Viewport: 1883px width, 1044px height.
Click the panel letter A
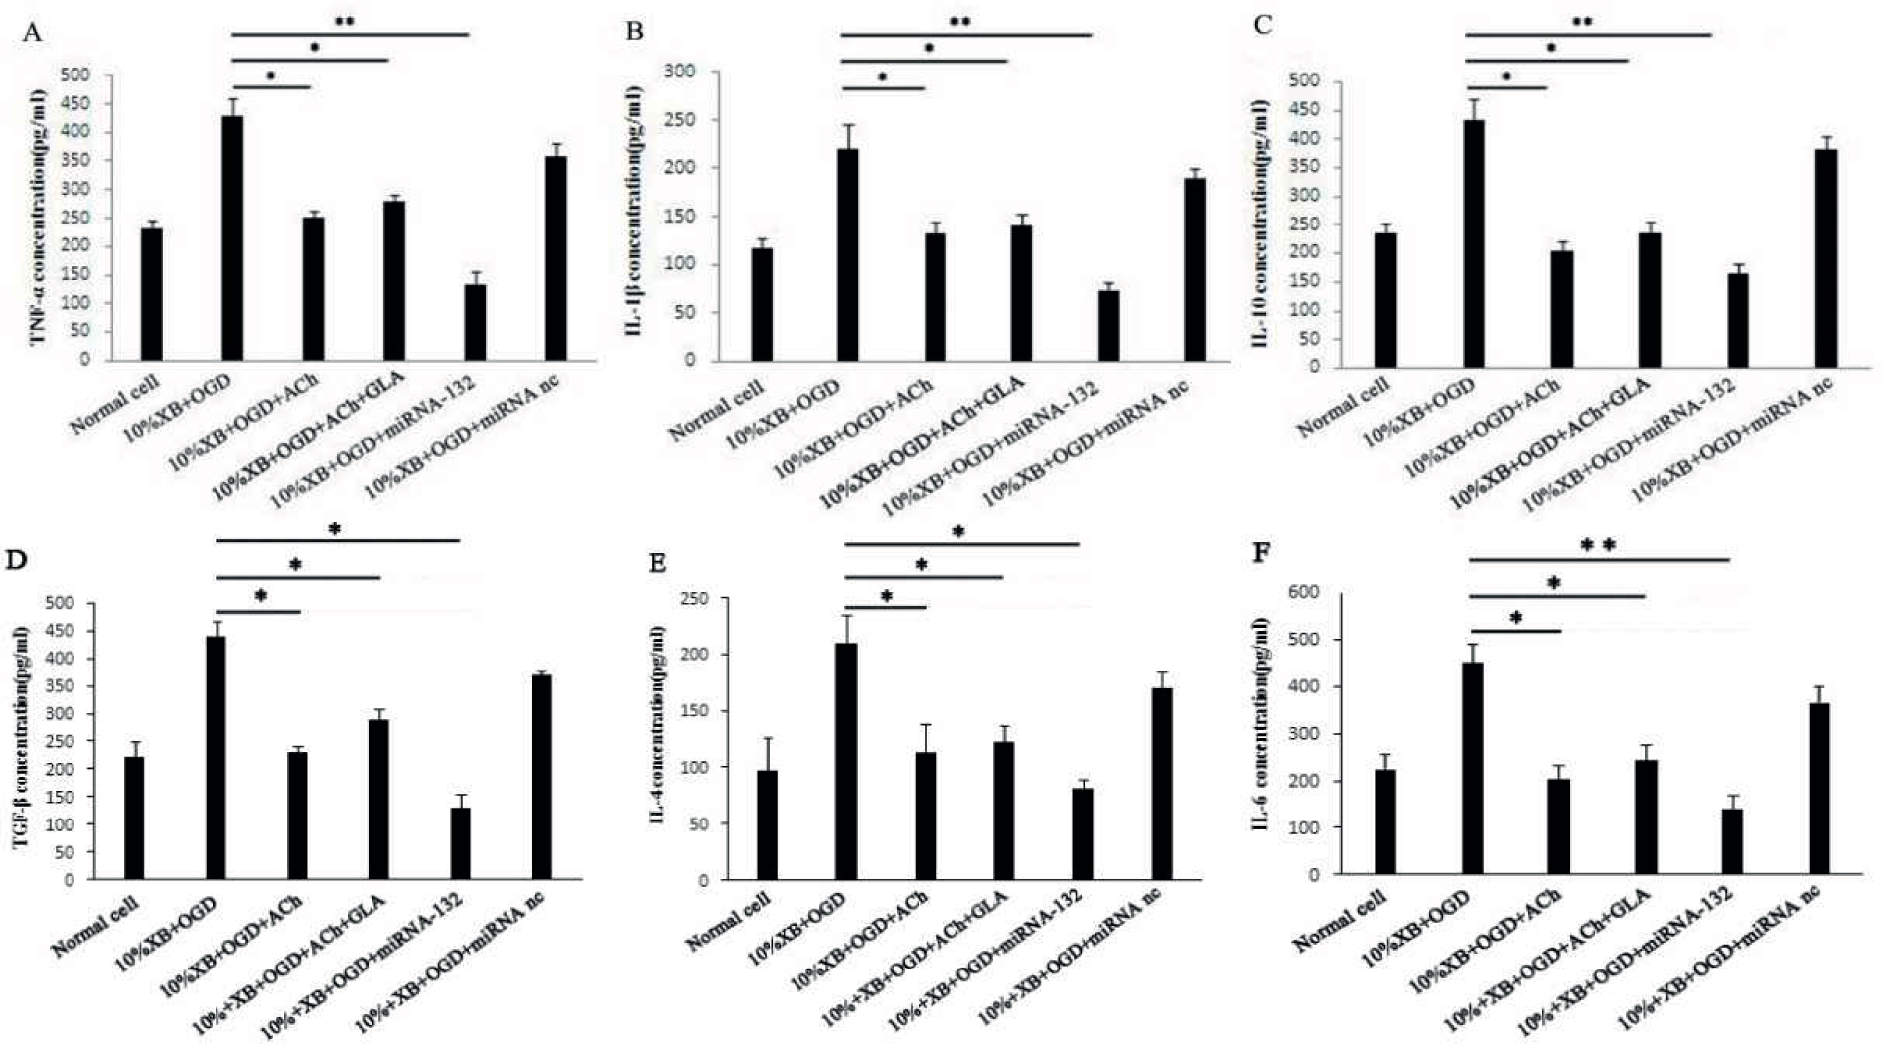click(33, 32)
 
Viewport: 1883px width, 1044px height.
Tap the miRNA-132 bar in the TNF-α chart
click(475, 322)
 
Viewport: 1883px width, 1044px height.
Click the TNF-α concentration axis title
click(37, 218)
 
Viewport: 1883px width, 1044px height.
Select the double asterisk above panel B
click(959, 21)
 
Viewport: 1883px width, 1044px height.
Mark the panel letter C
click(1262, 25)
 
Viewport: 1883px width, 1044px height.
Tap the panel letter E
click(656, 563)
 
